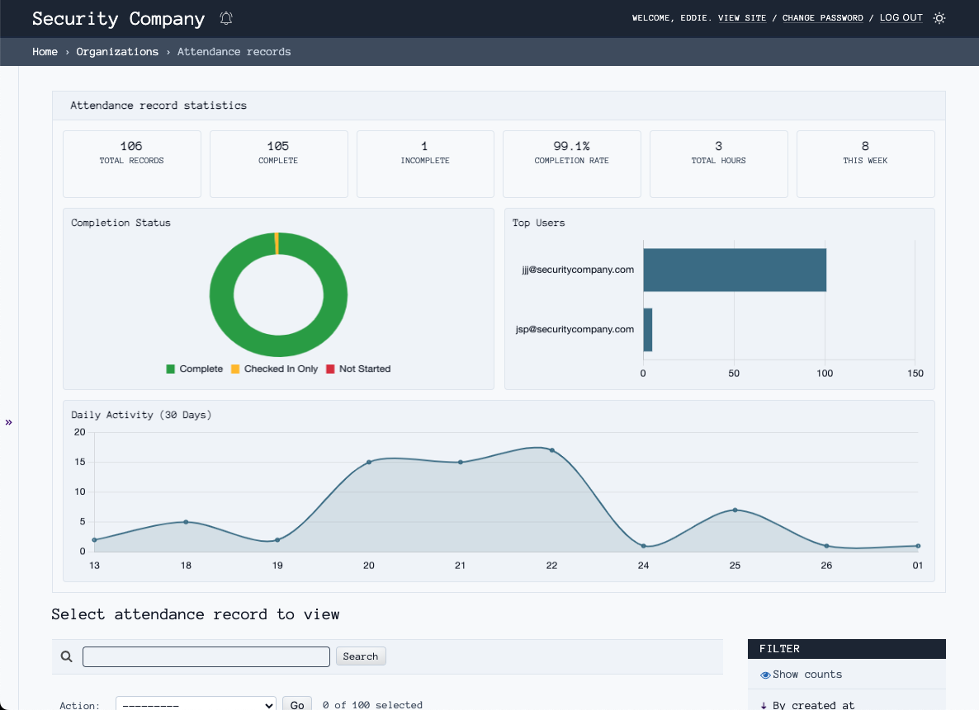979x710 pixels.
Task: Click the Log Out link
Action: point(901,18)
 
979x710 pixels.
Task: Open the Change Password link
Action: point(822,18)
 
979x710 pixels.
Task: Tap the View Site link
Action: point(741,18)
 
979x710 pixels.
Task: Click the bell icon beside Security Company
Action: point(227,18)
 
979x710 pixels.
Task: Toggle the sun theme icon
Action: point(939,18)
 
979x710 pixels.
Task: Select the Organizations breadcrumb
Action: point(117,52)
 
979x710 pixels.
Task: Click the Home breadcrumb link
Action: point(45,52)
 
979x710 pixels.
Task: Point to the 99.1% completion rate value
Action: point(571,146)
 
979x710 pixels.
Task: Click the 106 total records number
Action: point(131,146)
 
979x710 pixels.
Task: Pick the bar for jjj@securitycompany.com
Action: point(734,270)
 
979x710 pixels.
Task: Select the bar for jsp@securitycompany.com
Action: point(648,330)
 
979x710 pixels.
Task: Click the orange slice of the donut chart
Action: point(277,244)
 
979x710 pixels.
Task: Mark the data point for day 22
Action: point(552,450)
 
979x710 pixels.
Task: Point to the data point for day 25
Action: point(735,510)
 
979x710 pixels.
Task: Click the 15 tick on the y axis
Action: point(80,462)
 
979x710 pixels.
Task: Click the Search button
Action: point(360,656)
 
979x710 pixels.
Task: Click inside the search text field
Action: point(206,656)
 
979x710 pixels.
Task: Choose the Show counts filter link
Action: point(806,675)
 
